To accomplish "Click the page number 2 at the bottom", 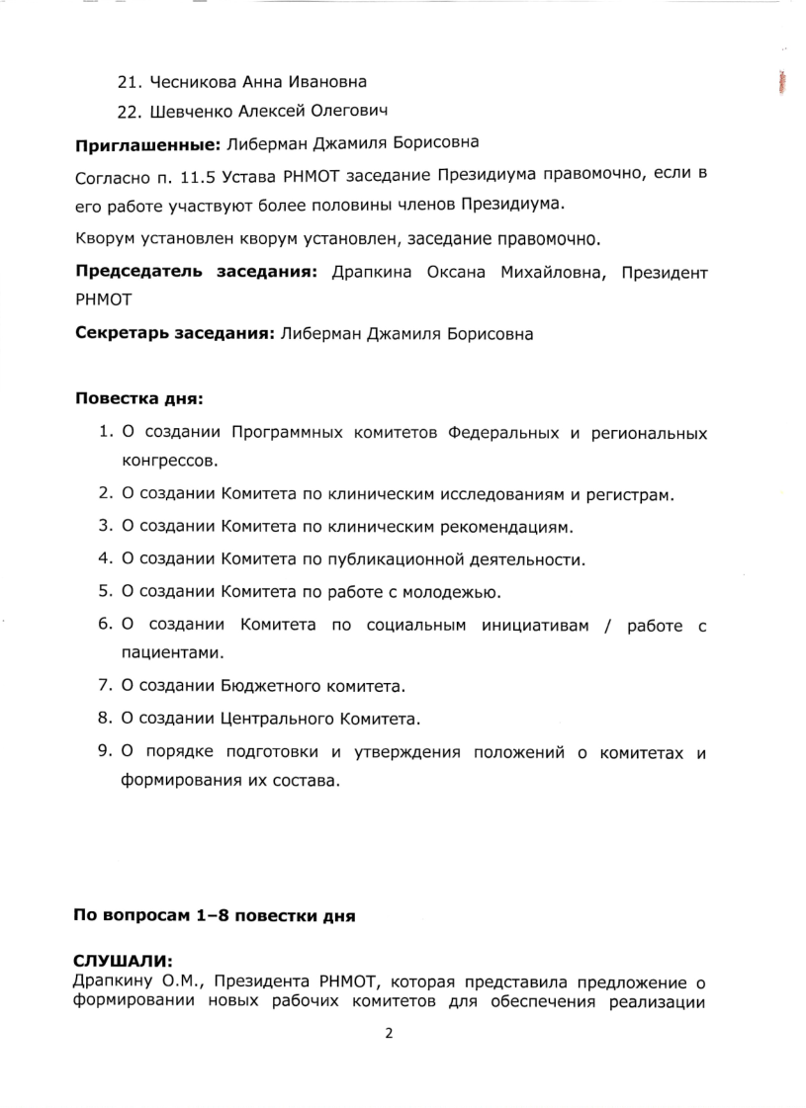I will [389, 1034].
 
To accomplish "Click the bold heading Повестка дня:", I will [138, 399].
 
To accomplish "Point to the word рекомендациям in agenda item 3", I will [507, 526].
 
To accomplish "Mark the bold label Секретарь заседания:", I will [174, 334].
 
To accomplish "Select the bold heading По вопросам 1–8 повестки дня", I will [214, 916].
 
